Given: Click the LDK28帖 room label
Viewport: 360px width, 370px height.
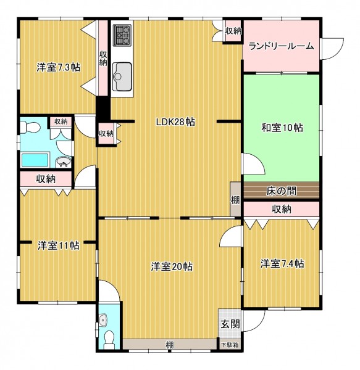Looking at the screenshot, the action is [176, 122].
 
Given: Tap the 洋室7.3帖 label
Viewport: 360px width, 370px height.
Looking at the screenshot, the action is [58, 67].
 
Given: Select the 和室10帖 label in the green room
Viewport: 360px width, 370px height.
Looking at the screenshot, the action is [282, 128].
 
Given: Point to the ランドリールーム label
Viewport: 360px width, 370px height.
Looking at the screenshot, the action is [282, 46].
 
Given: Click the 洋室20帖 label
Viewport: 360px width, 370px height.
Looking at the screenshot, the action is [172, 266].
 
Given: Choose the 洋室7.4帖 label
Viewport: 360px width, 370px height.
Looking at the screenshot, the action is [282, 263].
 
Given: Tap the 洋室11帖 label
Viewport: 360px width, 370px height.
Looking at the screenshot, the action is [58, 245].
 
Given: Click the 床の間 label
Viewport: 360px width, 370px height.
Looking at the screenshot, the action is [282, 191].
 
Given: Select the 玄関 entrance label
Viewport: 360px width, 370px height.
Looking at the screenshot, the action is [230, 324].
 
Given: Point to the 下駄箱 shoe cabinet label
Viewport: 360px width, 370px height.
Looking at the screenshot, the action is [230, 345].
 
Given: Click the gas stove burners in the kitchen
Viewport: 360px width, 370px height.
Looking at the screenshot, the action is [122, 35].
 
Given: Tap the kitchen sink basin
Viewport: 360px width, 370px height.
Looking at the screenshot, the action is [122, 76].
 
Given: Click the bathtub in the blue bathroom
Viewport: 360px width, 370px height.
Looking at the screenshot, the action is [35, 160].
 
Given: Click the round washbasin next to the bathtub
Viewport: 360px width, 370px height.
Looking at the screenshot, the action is [64, 162].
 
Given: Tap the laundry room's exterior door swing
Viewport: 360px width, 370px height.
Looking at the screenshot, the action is [333, 48].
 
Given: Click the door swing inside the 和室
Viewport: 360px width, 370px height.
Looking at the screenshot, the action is [254, 164].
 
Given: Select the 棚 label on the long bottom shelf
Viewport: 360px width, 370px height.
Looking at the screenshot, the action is [170, 345].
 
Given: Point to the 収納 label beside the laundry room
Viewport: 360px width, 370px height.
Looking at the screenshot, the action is [233, 31].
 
